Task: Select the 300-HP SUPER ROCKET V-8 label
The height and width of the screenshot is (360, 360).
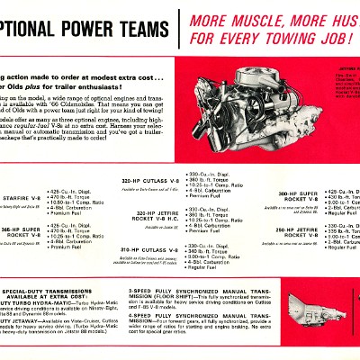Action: (x=292, y=197)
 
